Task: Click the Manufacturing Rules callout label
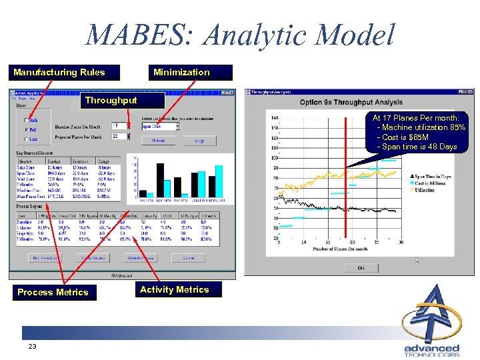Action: coord(59,72)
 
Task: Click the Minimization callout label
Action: coord(181,72)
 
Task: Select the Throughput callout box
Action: coord(111,101)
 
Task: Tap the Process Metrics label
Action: coord(53,292)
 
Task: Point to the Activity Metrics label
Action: coord(175,289)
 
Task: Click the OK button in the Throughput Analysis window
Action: coord(361,267)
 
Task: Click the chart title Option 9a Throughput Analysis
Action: coord(351,103)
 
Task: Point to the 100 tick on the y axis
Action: coord(275,158)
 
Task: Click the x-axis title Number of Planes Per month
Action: coord(340,249)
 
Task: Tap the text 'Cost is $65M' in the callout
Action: coord(405,137)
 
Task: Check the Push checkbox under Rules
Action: coord(26,120)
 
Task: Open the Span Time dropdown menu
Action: coord(177,125)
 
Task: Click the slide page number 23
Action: coord(32,347)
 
